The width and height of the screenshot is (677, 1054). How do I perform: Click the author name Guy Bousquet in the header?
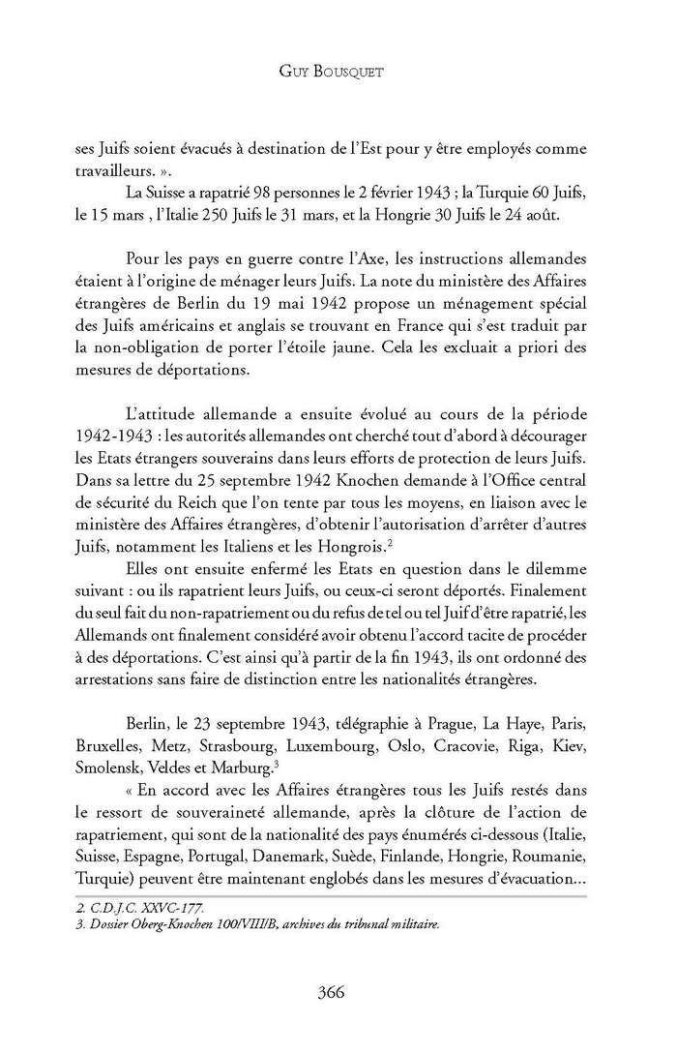338,72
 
